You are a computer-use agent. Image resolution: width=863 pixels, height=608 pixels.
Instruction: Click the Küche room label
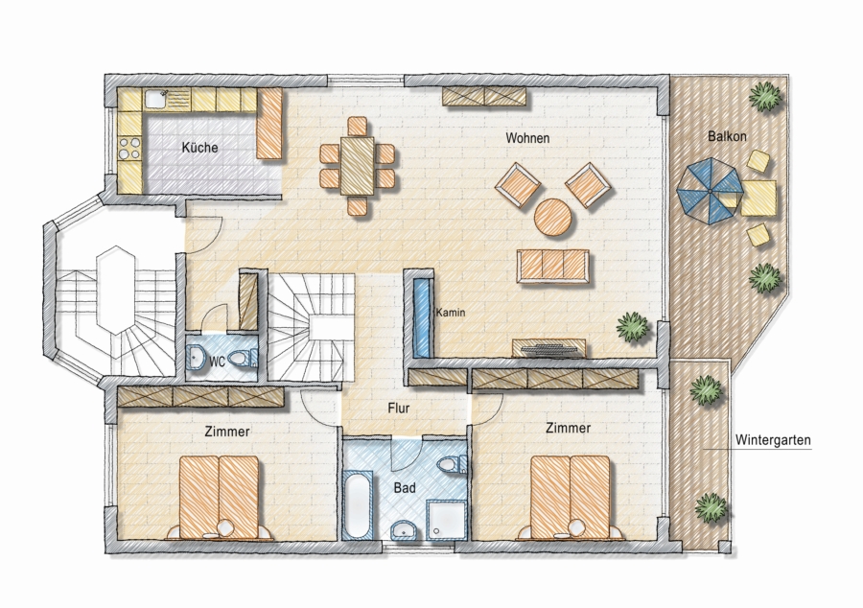pyautogui.click(x=199, y=148)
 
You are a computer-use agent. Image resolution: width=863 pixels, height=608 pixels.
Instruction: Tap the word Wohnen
pyautogui.click(x=527, y=137)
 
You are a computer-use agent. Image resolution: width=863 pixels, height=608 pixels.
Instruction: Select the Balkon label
pyautogui.click(x=727, y=136)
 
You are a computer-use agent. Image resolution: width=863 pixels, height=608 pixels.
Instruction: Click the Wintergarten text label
pyautogui.click(x=773, y=440)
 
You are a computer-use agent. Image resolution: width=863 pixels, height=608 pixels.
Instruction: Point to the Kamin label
pyautogui.click(x=451, y=313)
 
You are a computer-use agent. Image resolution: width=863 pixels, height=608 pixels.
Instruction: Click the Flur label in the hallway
pyautogui.click(x=399, y=409)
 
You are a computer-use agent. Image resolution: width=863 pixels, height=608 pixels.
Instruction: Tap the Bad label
pyautogui.click(x=405, y=488)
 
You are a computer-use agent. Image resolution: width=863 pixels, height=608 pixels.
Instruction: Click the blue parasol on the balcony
pyautogui.click(x=710, y=191)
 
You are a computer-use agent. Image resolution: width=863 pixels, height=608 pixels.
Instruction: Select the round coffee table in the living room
pyautogui.click(x=553, y=218)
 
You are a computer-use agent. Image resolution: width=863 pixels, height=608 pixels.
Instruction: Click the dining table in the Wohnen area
pyautogui.click(x=358, y=165)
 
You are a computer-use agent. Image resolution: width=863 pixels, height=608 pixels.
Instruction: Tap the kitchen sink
pyautogui.click(x=155, y=100)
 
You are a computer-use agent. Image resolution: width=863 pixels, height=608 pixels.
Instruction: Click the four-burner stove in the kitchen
pyautogui.click(x=129, y=148)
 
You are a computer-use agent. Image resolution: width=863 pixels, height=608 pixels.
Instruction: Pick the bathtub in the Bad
pyautogui.click(x=358, y=504)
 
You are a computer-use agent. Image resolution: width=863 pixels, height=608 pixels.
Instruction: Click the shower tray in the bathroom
pyautogui.click(x=447, y=521)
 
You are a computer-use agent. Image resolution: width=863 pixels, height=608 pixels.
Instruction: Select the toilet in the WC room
pyautogui.click(x=243, y=359)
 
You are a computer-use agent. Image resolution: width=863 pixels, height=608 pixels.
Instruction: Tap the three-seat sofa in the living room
pyautogui.click(x=552, y=267)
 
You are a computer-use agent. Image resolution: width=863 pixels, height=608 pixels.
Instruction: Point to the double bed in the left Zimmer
pyautogui.click(x=220, y=497)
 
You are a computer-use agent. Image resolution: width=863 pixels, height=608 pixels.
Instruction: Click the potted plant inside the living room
pyautogui.click(x=633, y=327)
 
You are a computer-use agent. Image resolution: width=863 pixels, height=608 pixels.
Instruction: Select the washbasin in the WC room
pyautogui.click(x=196, y=357)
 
